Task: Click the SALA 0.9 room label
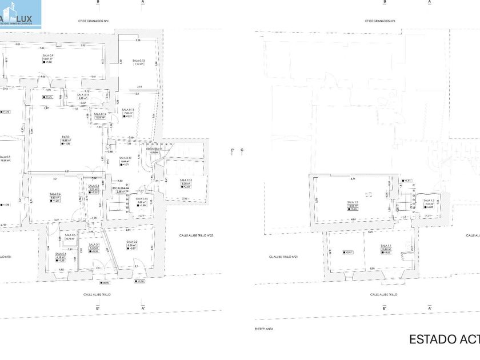pos(47,55)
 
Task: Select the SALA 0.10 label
pos(138,61)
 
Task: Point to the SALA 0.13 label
pos(129,109)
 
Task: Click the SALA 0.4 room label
pos(55,194)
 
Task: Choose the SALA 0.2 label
pos(131,242)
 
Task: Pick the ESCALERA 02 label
pos(121,188)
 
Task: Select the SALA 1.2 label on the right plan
pos(352,202)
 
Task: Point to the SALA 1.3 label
pos(429,200)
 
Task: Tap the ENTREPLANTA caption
pos(263,329)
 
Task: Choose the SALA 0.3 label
pos(94,186)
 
